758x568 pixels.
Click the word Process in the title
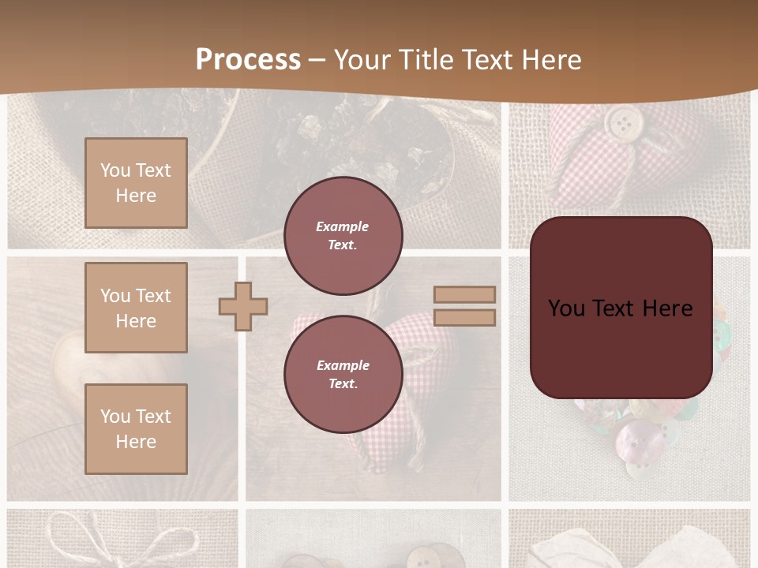[248, 60]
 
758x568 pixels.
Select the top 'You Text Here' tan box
[136, 183]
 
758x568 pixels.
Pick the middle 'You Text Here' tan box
[136, 308]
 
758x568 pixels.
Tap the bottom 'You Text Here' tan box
[136, 428]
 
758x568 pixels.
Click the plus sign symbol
[243, 306]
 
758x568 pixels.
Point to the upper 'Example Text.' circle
[343, 236]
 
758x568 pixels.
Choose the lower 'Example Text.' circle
[343, 375]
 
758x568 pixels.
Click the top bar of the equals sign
[464, 294]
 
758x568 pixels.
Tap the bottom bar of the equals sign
[464, 317]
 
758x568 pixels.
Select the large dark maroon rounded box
[621, 308]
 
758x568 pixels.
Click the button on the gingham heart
[623, 121]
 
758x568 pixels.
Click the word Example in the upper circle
[343, 226]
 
